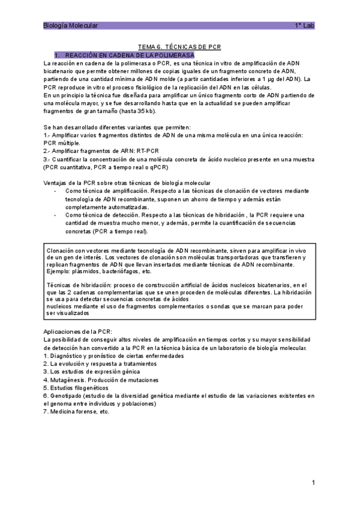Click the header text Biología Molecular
click(x=71, y=26)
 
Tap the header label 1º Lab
click(x=304, y=26)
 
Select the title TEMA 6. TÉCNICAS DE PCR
click(x=180, y=47)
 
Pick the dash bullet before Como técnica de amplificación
click(x=55, y=191)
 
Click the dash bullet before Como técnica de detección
click(x=55, y=215)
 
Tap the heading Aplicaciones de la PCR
click(x=78, y=332)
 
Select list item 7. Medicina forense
click(x=77, y=412)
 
